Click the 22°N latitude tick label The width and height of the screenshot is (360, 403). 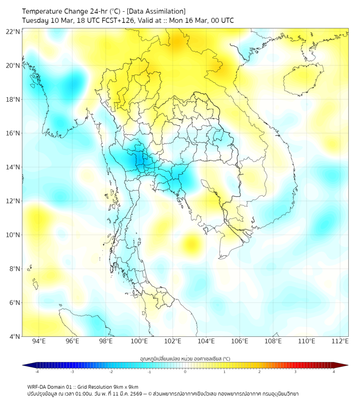click(13, 31)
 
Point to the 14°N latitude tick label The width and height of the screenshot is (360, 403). click(13, 167)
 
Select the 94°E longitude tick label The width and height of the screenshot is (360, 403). click(39, 341)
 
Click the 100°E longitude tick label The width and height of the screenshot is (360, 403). click(139, 341)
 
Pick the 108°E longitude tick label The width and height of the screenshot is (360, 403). click(273, 341)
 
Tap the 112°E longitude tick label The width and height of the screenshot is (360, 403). click(340, 341)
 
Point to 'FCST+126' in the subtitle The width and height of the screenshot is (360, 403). click(113, 20)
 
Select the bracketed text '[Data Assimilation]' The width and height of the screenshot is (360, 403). click(159, 11)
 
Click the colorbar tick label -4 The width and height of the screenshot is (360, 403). click(37, 372)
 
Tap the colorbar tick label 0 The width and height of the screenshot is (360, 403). click(185, 372)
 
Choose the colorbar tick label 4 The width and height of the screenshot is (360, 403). click(334, 372)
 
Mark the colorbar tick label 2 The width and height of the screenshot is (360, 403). click(259, 372)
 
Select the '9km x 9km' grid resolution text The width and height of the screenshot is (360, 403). click(127, 386)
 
